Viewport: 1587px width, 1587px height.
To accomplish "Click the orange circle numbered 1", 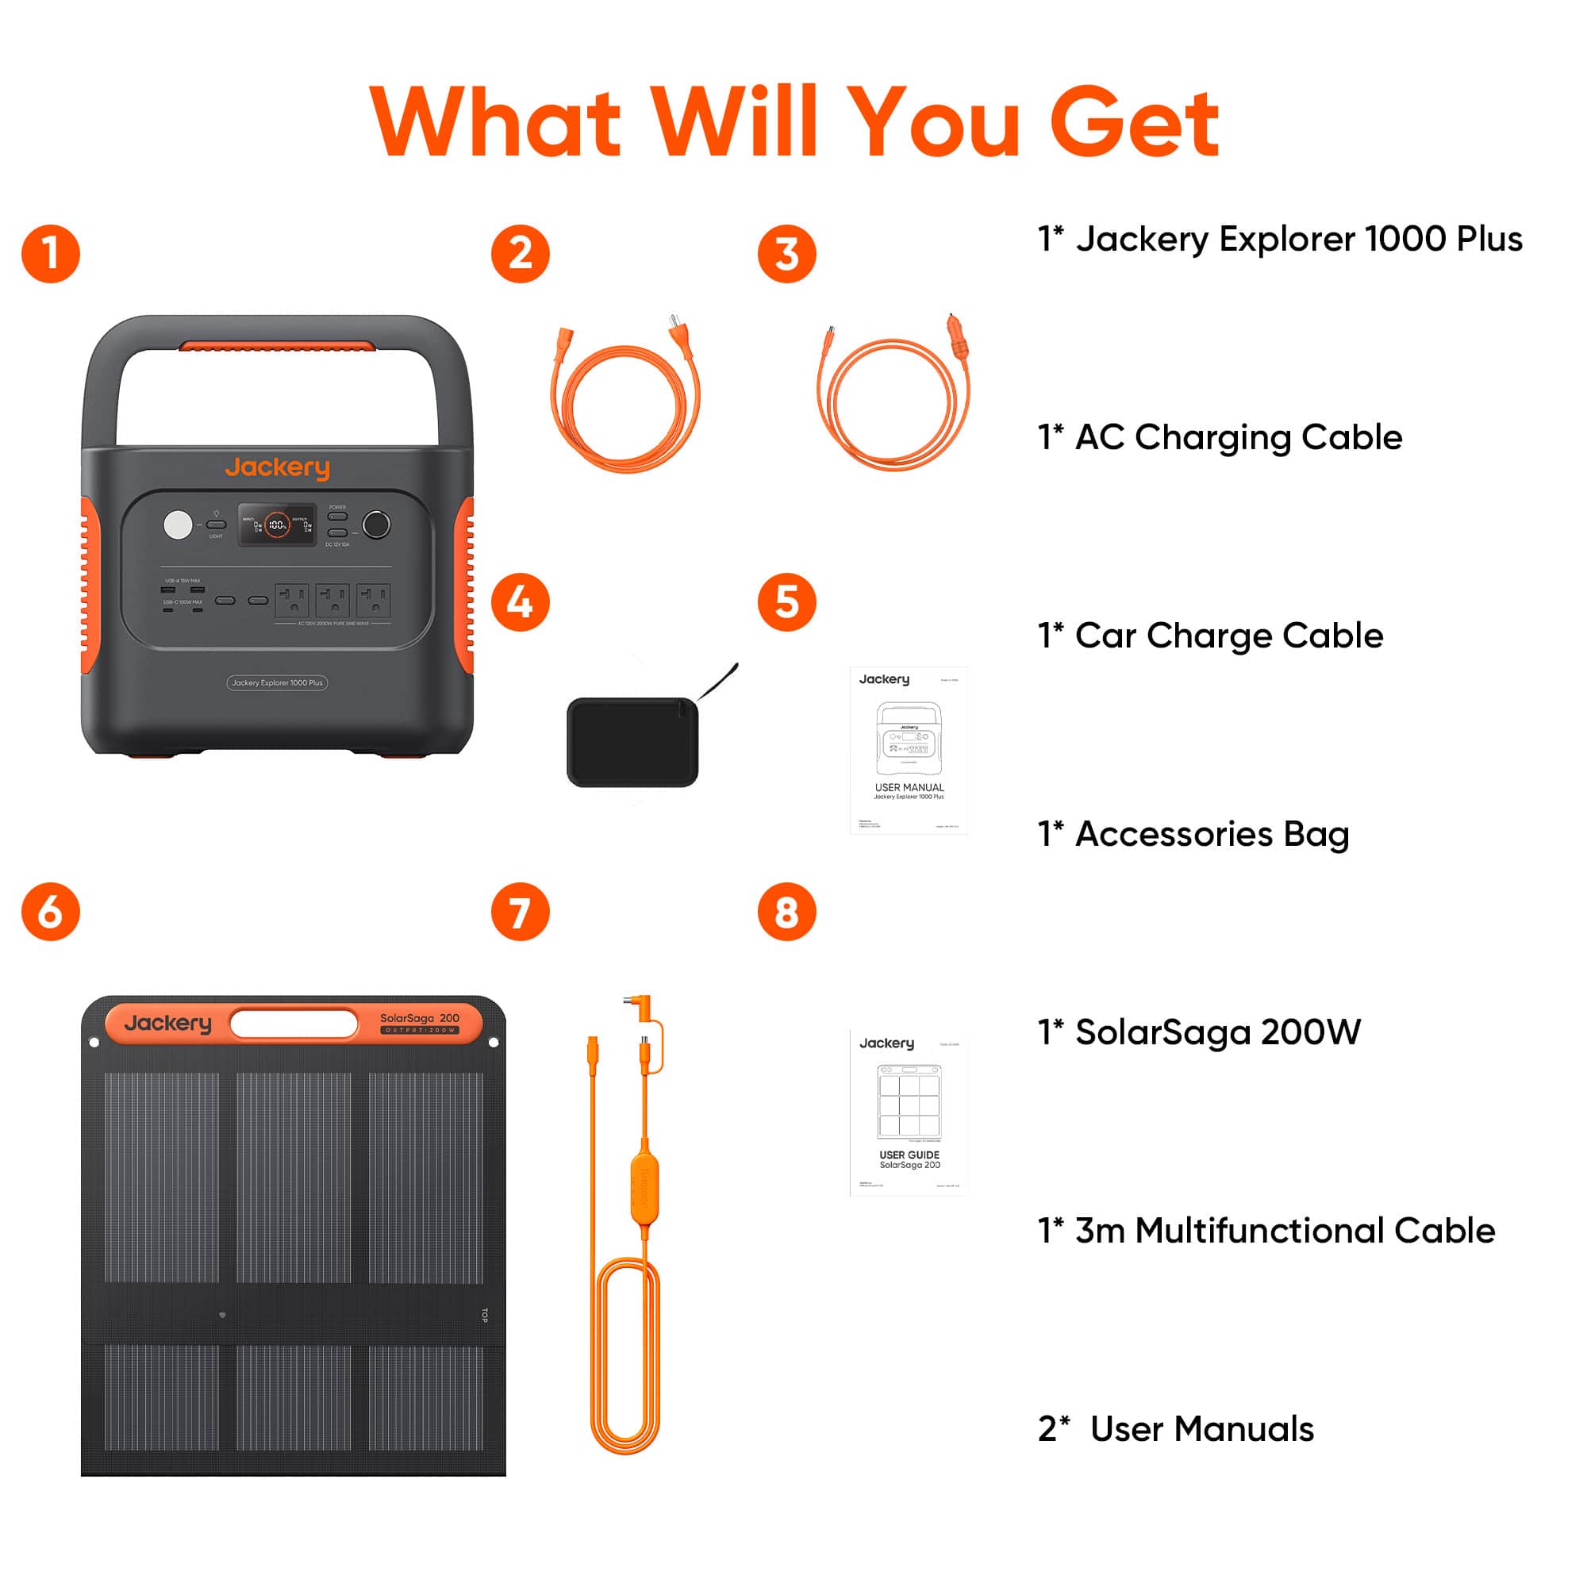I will [x=51, y=254].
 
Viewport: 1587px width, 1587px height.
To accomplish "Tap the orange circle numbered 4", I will [x=520, y=602].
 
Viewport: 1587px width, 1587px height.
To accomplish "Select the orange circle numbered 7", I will [x=520, y=912].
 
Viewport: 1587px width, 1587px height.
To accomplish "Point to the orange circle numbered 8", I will [x=786, y=912].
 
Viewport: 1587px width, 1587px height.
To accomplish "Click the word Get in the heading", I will [x=1135, y=123].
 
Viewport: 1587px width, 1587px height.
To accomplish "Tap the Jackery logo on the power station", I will [x=278, y=467].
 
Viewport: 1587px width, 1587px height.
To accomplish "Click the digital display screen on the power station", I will [x=277, y=525].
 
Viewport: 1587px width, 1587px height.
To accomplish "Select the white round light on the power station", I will [x=178, y=525].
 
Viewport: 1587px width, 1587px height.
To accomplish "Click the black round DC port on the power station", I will [x=376, y=524].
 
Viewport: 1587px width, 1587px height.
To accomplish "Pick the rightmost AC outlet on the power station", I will [x=373, y=601].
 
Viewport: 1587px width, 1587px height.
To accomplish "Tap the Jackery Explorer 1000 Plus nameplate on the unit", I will [x=277, y=682].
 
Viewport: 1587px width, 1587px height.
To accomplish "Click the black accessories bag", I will [x=632, y=742].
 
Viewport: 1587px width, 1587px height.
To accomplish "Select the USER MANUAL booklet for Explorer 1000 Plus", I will [x=909, y=750].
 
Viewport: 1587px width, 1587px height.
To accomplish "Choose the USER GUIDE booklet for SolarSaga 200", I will [x=909, y=1113].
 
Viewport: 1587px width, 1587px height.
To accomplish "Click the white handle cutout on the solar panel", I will [x=294, y=1024].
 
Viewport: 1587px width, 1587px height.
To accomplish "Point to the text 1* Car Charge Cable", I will [x=1210, y=636].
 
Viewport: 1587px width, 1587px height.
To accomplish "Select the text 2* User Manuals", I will [x=1175, y=1428].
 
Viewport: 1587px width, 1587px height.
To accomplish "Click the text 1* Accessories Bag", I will [x=1193, y=834].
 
